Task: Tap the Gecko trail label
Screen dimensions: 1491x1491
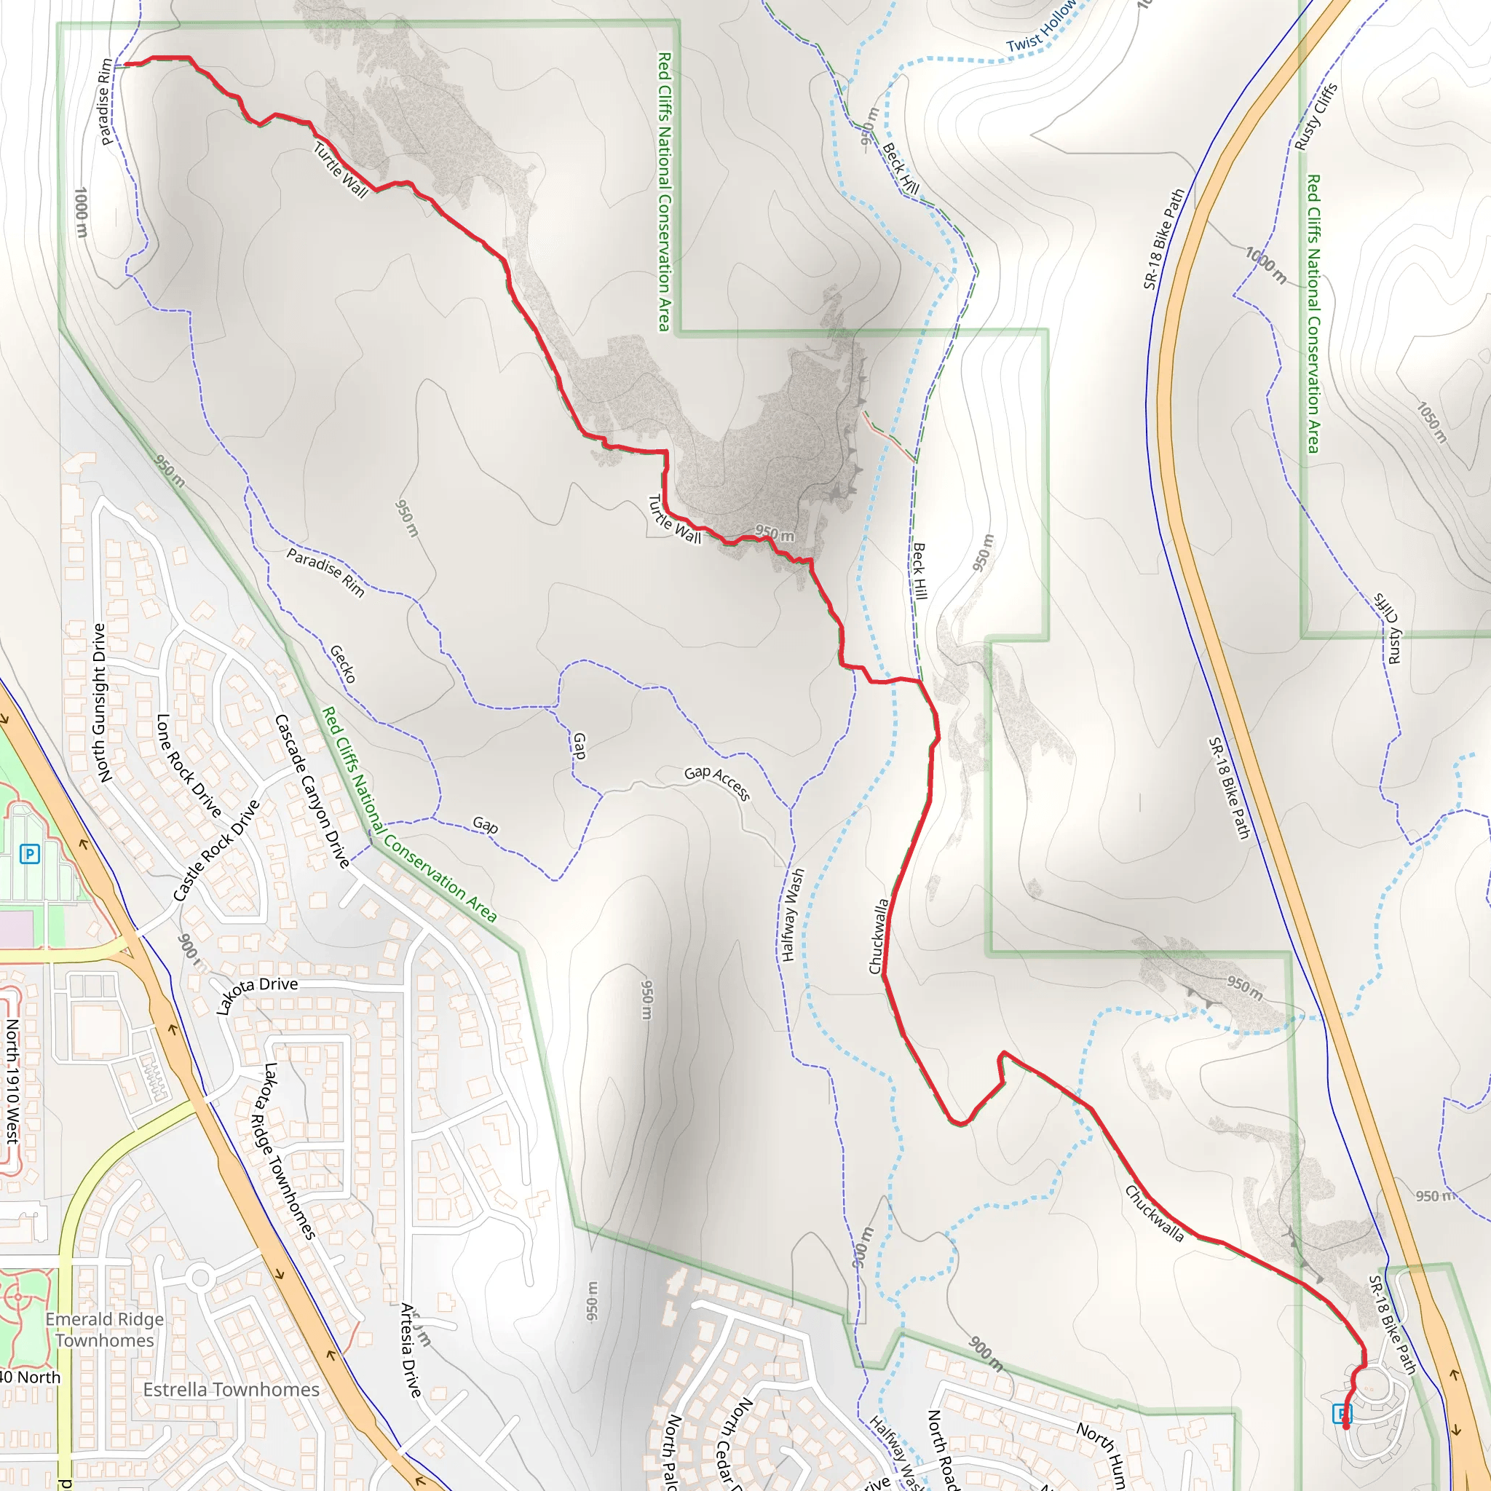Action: tap(343, 664)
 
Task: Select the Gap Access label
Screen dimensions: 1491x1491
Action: tap(717, 783)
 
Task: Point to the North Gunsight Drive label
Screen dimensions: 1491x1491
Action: tap(99, 703)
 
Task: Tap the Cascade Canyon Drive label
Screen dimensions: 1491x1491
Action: tap(313, 791)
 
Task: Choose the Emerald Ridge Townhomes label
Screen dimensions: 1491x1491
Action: tap(105, 1329)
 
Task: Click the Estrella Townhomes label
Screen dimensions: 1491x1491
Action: tap(231, 1390)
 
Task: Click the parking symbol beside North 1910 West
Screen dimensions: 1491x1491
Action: tap(29, 853)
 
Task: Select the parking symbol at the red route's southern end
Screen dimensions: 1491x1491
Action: tap(1342, 1413)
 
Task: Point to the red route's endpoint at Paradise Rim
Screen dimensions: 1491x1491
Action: tap(125, 65)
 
